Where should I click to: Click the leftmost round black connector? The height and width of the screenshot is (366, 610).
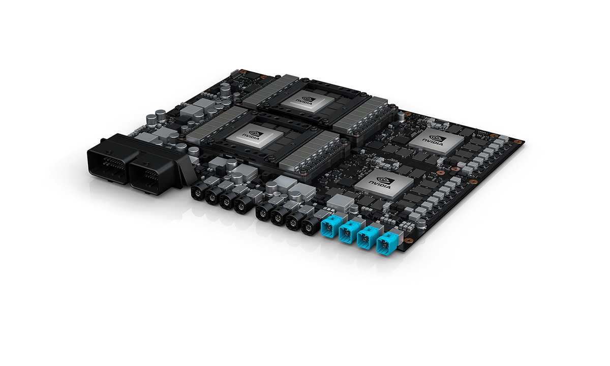198,194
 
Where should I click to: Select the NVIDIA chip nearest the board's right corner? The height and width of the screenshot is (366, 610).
436,139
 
